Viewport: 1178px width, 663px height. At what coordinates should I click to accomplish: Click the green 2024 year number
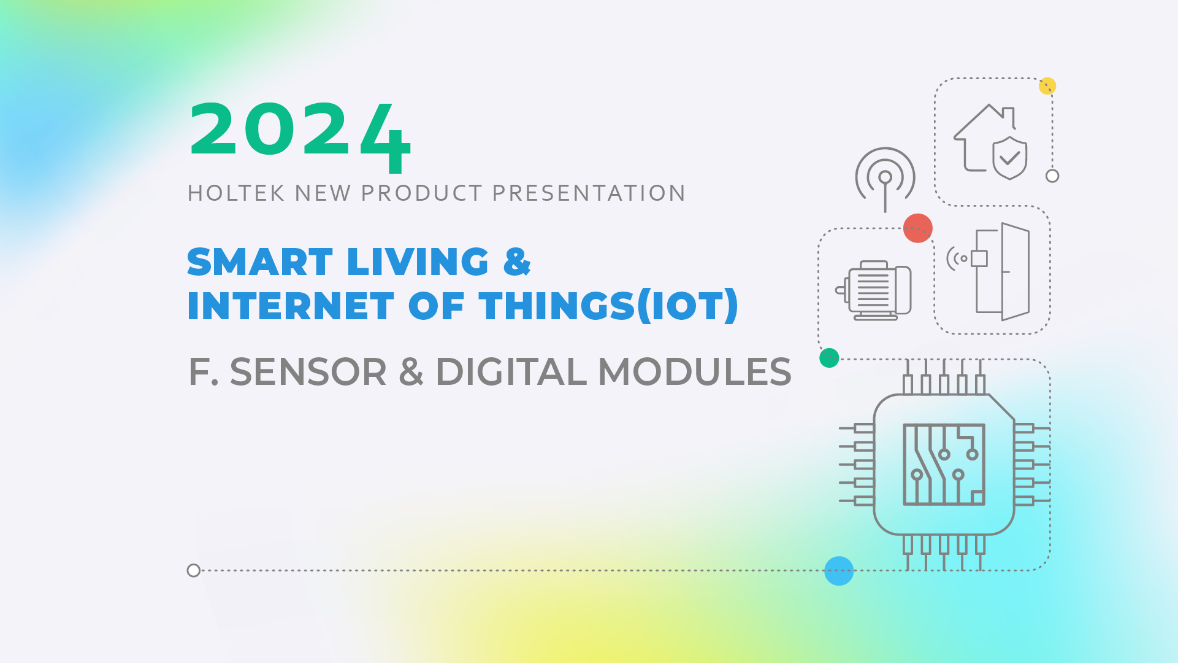click(300, 136)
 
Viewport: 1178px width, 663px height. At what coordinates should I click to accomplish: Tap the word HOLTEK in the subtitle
click(236, 193)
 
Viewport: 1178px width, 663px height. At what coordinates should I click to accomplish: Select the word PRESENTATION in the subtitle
click(589, 193)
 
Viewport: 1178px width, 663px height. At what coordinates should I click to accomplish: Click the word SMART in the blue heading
click(259, 262)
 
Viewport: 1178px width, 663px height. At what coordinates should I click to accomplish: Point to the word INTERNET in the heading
click(291, 306)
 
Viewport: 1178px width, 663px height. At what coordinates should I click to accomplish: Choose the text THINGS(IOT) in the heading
click(609, 306)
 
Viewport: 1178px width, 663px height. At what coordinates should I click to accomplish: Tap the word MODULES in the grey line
click(695, 372)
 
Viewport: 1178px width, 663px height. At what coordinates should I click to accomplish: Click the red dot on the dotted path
click(918, 228)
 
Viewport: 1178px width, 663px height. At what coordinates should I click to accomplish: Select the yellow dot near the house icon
click(1047, 86)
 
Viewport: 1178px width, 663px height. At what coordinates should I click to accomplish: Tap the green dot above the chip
click(829, 358)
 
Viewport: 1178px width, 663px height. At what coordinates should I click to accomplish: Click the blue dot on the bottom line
click(839, 571)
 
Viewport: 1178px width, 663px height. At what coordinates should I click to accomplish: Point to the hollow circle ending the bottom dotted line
click(194, 571)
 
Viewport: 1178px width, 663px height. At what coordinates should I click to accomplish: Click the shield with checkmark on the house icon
click(1010, 158)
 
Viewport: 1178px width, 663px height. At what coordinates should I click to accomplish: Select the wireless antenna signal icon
click(885, 178)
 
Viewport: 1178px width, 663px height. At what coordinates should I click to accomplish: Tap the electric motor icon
click(873, 290)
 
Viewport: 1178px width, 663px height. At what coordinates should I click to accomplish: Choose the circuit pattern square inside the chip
click(944, 465)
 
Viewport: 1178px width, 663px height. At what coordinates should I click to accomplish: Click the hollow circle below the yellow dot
click(1052, 176)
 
